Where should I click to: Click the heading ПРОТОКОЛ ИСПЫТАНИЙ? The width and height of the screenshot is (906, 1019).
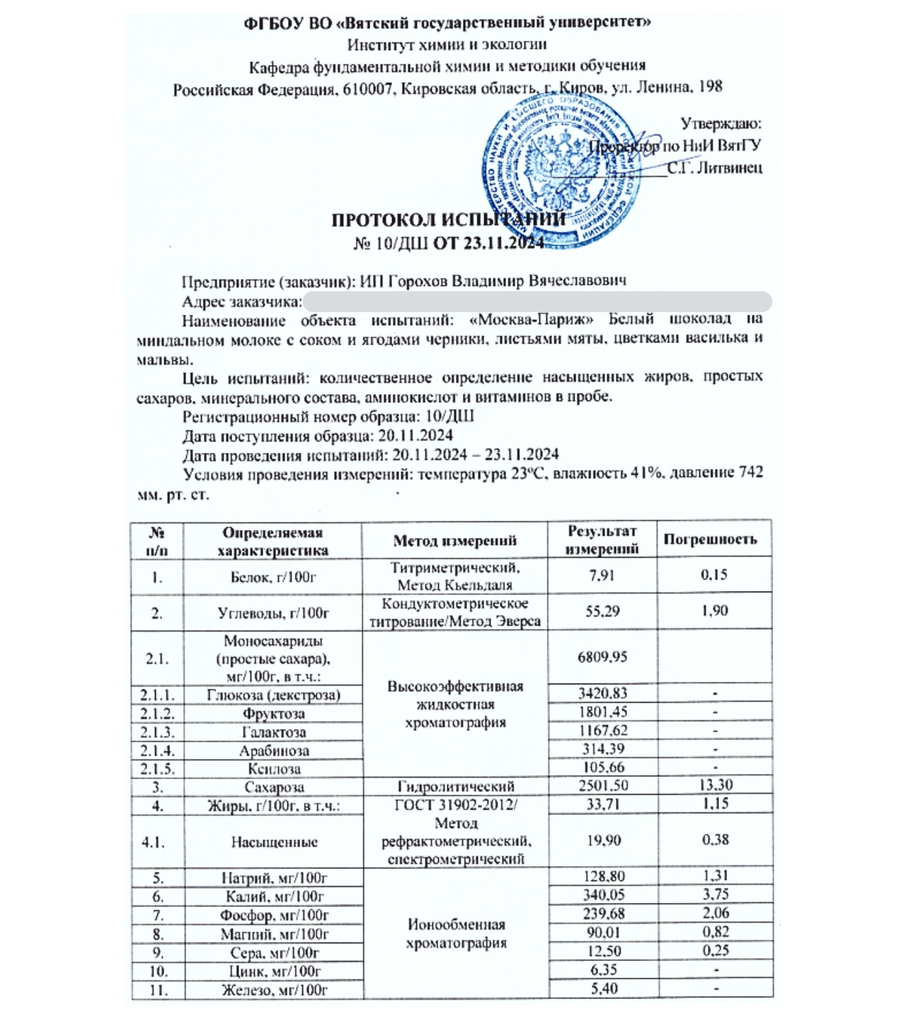click(x=449, y=219)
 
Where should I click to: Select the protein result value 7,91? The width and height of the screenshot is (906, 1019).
click(x=602, y=575)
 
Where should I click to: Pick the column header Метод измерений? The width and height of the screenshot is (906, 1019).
click(x=454, y=541)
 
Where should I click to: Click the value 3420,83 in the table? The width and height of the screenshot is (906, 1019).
click(x=602, y=693)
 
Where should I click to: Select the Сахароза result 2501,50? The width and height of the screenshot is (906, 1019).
click(x=602, y=785)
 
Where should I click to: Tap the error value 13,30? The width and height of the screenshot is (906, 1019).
click(x=714, y=785)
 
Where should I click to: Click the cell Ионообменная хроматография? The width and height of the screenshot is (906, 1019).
click(x=456, y=934)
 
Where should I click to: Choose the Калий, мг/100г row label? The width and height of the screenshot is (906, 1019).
click(x=273, y=897)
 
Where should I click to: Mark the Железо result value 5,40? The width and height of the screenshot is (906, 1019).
click(x=603, y=989)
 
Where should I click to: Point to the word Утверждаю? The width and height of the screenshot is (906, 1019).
click(x=721, y=124)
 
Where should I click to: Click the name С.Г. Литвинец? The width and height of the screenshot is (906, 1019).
click(x=715, y=168)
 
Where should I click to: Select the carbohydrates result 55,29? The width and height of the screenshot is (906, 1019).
click(x=602, y=611)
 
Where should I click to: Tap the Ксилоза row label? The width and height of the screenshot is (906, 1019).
click(x=274, y=768)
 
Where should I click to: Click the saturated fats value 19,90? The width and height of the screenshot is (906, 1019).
click(x=602, y=840)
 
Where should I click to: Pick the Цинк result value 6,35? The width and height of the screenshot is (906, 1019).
click(x=603, y=970)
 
